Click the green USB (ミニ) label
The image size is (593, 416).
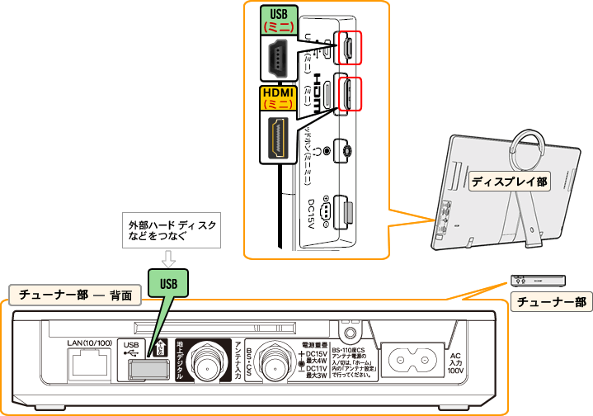(280, 21)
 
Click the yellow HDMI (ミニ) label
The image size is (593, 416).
(280, 98)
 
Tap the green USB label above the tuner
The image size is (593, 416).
(168, 282)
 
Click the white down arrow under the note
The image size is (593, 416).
(168, 258)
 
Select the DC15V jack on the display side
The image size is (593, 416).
(347, 214)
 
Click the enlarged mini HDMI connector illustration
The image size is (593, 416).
(279, 137)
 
